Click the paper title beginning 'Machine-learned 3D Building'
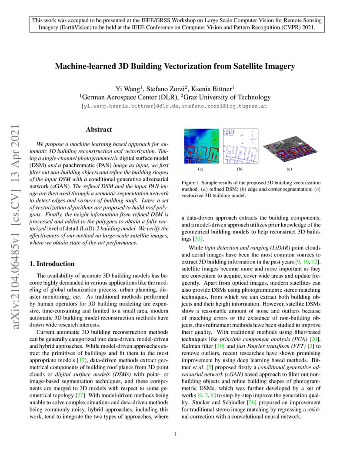(175, 67)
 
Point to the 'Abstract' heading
(99, 130)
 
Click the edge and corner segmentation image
(240, 146)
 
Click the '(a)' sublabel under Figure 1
(200, 169)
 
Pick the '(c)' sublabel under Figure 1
(289, 169)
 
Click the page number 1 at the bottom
(175, 434)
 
